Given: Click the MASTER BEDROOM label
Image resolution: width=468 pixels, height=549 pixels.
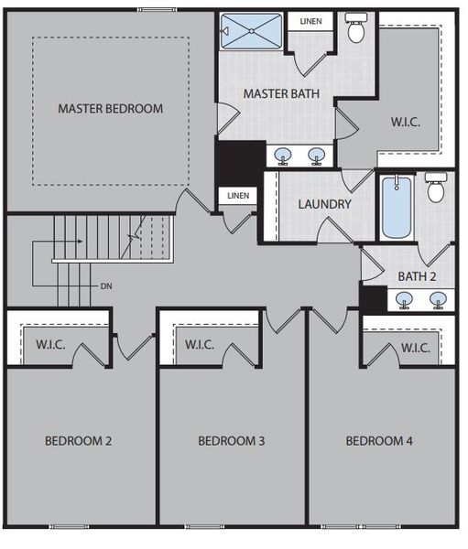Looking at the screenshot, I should [110, 108].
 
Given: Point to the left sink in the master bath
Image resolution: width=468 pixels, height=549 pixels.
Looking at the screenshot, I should [283, 155].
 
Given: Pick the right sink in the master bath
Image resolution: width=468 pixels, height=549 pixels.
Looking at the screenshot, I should [317, 155].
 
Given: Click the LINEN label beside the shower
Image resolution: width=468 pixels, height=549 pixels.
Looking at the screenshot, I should [310, 21].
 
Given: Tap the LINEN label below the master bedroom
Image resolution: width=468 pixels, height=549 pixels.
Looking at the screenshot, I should [237, 195].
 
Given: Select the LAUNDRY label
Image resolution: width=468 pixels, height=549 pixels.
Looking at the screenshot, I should [324, 203].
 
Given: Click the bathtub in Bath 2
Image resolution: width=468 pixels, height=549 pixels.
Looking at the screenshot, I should [397, 207].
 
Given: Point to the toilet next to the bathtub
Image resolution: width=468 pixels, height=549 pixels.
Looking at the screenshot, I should [437, 188].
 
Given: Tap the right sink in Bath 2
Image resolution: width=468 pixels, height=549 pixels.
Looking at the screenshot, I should [438, 298].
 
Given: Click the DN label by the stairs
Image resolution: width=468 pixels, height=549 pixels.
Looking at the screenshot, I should [107, 285].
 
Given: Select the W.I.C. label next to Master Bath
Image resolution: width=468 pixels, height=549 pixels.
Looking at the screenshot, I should [406, 122].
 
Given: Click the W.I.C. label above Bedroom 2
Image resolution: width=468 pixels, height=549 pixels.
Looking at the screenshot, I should [49, 345].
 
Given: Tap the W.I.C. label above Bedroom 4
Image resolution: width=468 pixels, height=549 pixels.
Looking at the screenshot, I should [416, 348].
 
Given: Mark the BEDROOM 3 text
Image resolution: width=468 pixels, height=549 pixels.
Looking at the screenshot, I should [231, 441].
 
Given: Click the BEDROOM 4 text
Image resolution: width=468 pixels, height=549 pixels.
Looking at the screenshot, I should [379, 441].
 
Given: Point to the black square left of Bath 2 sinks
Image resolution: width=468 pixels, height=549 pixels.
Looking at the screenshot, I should [372, 297].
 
